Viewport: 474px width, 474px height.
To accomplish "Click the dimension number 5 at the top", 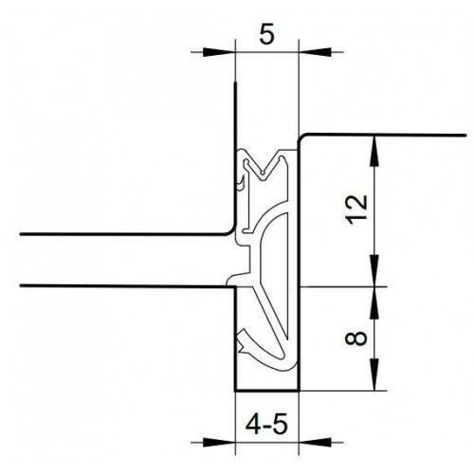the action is click(x=267, y=34).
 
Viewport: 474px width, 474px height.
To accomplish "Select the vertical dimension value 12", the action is click(x=358, y=210).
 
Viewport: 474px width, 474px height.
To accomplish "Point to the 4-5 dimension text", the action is click(x=266, y=425).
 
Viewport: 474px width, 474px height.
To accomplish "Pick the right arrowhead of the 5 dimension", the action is click(x=315, y=52).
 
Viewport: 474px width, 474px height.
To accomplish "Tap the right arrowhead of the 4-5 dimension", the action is click(x=315, y=442).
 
